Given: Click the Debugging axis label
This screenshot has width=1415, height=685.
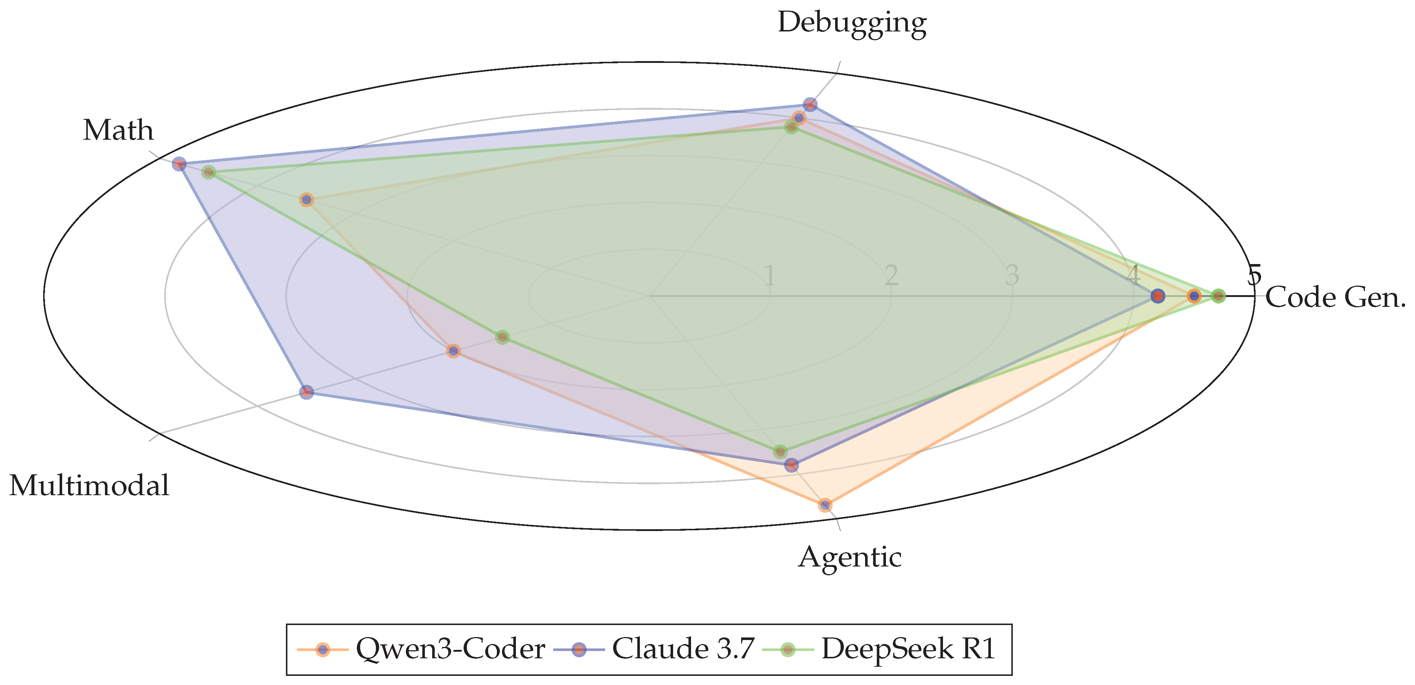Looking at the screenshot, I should tap(852, 24).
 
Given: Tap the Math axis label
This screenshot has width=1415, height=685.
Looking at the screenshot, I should tap(118, 131).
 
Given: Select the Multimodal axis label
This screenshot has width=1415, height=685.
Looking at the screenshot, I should tap(89, 486).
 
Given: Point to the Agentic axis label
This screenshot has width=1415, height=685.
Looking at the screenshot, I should tap(850, 558).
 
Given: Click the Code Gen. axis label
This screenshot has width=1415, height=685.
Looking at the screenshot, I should tap(1335, 298).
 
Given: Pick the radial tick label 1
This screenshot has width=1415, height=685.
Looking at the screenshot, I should tap(770, 276).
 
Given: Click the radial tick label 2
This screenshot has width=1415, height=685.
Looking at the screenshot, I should tap(891, 276).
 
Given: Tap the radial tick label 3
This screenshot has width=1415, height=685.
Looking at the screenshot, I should tap(1012, 276).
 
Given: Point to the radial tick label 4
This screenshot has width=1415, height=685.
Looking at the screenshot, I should tap(1133, 276).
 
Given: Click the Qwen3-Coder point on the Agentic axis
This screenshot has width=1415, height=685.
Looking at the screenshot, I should tap(825, 505).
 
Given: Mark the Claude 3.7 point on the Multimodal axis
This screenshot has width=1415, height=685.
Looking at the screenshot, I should tap(306, 392).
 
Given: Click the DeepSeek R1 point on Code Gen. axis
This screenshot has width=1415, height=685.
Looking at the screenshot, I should tap(1218, 296).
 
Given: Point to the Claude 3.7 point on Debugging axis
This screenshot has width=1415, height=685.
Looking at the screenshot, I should tap(810, 104).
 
